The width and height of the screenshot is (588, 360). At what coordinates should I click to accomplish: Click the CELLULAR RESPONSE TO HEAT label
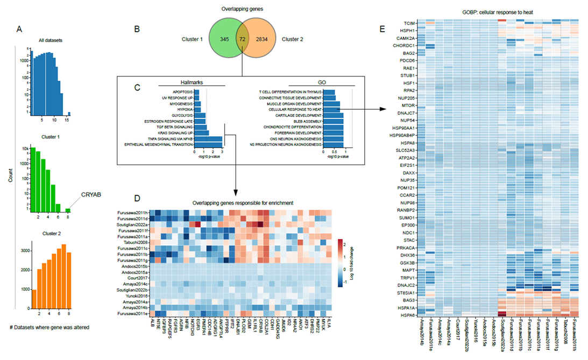(x=295, y=109)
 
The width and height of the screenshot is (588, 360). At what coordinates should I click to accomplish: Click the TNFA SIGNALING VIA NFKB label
(x=167, y=138)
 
